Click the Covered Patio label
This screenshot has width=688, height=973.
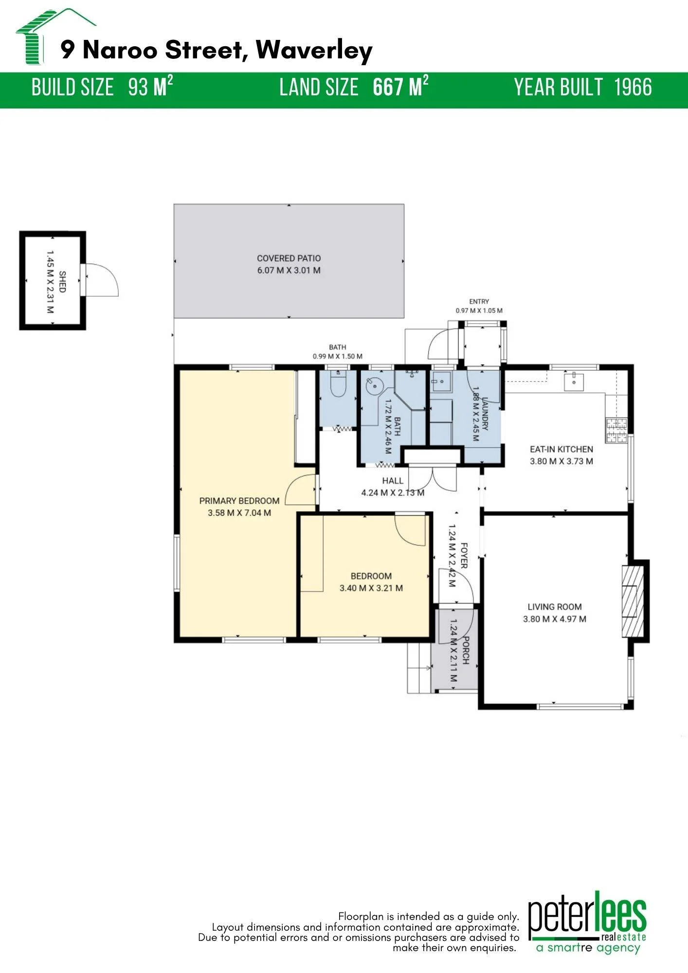289,258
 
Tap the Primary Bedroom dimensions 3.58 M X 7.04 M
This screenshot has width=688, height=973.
239,513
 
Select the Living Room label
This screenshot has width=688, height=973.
555,607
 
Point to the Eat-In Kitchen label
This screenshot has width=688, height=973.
561,449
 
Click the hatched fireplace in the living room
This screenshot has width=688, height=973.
633,601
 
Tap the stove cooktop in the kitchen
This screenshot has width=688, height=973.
616,430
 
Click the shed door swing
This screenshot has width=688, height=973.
102,280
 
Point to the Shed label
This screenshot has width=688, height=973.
62,282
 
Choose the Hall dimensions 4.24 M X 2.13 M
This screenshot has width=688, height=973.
393,493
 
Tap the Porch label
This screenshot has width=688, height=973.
466,650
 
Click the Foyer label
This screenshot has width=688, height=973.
464,556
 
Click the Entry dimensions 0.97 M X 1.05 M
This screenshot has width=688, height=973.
479,310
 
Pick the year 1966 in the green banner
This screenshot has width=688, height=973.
633,88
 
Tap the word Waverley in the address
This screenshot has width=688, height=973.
314,50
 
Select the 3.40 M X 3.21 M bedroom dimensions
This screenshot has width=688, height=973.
371,588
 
